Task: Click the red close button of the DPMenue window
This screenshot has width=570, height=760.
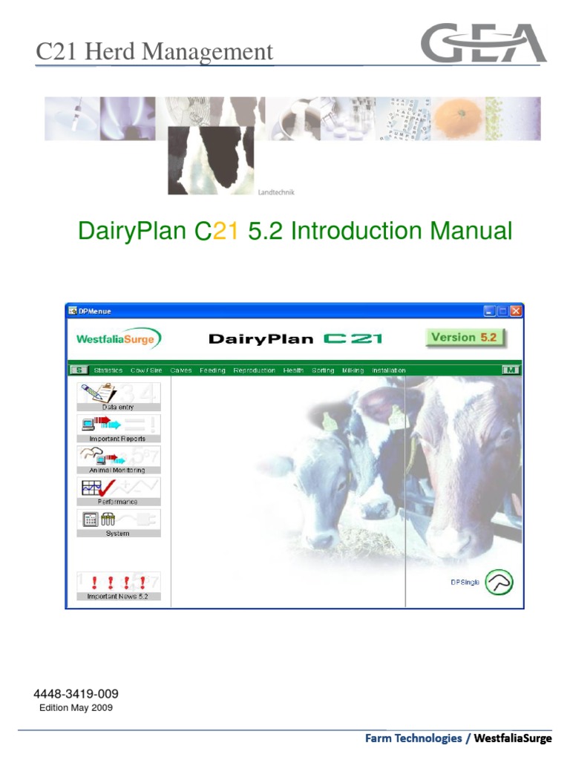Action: point(515,311)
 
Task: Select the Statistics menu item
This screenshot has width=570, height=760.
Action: point(108,370)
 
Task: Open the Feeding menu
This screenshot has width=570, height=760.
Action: point(212,370)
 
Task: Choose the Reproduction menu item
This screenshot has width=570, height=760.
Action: point(254,370)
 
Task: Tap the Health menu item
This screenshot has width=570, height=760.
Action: point(293,370)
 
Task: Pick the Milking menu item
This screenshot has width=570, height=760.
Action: point(353,370)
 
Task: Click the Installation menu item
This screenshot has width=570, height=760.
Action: point(388,370)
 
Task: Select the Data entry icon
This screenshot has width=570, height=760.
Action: point(118,396)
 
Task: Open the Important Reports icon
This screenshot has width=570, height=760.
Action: point(118,427)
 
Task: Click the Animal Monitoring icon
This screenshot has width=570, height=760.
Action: point(118,459)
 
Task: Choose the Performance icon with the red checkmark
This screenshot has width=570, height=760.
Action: point(118,491)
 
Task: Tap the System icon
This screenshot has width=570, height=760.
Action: point(118,522)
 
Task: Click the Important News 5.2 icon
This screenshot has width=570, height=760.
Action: point(118,585)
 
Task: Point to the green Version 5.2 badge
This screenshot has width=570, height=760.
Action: point(464,337)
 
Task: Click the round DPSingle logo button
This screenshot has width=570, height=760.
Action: point(499,583)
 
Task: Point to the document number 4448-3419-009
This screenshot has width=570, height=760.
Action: point(76,694)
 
